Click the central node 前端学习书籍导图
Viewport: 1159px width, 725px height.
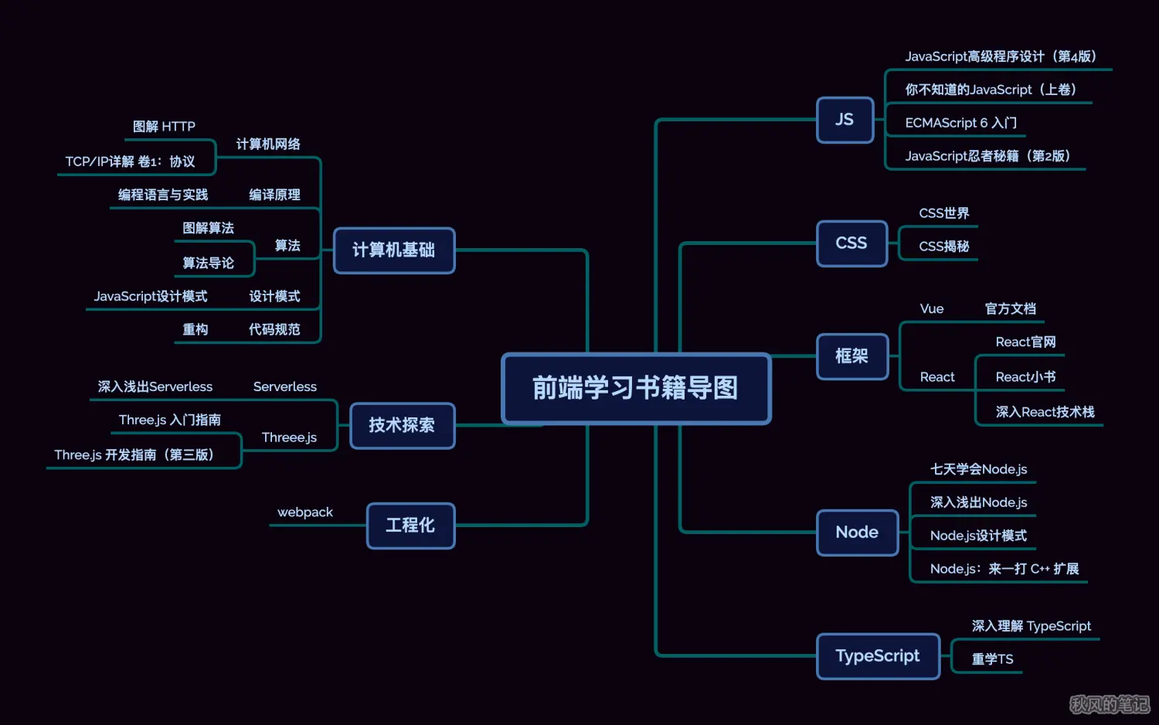pos(636,388)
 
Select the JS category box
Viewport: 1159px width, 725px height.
pos(845,120)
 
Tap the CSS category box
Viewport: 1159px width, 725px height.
pos(851,243)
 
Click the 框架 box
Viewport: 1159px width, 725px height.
pos(851,356)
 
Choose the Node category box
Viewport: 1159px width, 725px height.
pos(857,533)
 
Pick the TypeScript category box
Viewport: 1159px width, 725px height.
pos(878,656)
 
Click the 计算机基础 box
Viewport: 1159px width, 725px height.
pos(394,250)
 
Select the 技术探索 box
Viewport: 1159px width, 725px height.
pos(402,425)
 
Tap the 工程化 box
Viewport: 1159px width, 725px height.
pos(410,526)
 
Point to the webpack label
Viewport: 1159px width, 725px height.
pos(305,512)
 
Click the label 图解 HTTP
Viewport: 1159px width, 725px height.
pos(164,127)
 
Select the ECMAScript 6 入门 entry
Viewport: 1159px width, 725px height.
pos(960,123)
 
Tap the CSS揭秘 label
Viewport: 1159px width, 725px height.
pos(943,247)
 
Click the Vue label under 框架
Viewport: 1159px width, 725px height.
pos(932,309)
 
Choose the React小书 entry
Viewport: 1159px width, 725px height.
pos(1025,377)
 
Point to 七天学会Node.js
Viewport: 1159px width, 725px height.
pos(978,469)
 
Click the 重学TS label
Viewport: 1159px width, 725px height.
pos(992,659)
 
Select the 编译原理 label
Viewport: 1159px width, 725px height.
pos(274,195)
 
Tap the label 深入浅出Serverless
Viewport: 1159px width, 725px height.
pos(155,386)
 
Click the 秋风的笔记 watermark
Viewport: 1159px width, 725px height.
pos(1109,704)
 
